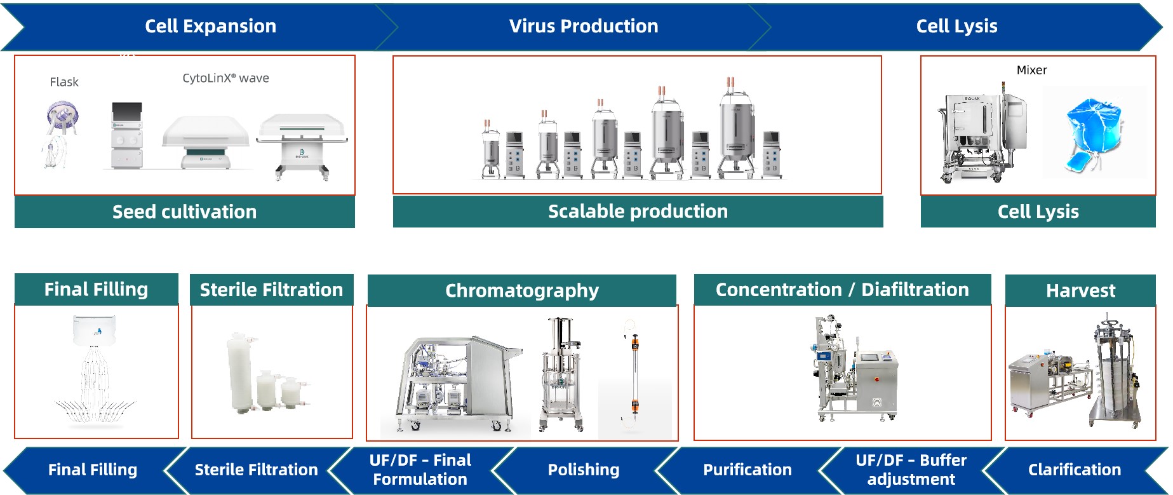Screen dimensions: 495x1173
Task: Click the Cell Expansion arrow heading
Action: [x=210, y=26]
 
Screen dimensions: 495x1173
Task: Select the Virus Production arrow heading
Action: [x=583, y=26]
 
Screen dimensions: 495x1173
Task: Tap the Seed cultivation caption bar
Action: [x=184, y=212]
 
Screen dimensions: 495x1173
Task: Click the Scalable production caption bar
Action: [x=638, y=212]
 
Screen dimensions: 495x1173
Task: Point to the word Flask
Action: [x=64, y=82]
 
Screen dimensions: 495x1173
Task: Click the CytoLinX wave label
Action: [x=225, y=78]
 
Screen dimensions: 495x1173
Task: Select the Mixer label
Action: [x=1031, y=70]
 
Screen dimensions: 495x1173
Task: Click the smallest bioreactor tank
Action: [x=490, y=153]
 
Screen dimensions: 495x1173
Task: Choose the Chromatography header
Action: [x=521, y=290]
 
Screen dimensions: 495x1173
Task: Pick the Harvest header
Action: [x=1080, y=290]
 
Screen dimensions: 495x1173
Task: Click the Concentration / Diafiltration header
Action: [x=842, y=290]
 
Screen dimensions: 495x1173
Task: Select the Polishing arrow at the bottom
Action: [x=583, y=470]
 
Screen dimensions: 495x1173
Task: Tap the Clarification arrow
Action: [x=1074, y=470]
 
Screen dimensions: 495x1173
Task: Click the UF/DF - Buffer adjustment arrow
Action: [x=911, y=470]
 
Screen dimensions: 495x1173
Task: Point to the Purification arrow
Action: [x=747, y=470]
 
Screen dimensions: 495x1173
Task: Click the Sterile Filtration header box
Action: [x=271, y=290]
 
